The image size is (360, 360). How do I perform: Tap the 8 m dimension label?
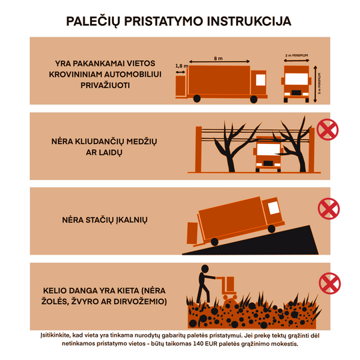218,59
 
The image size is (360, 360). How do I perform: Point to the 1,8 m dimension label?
180,65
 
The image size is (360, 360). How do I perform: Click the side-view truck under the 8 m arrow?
217,84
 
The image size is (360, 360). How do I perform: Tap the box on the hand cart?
229,283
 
